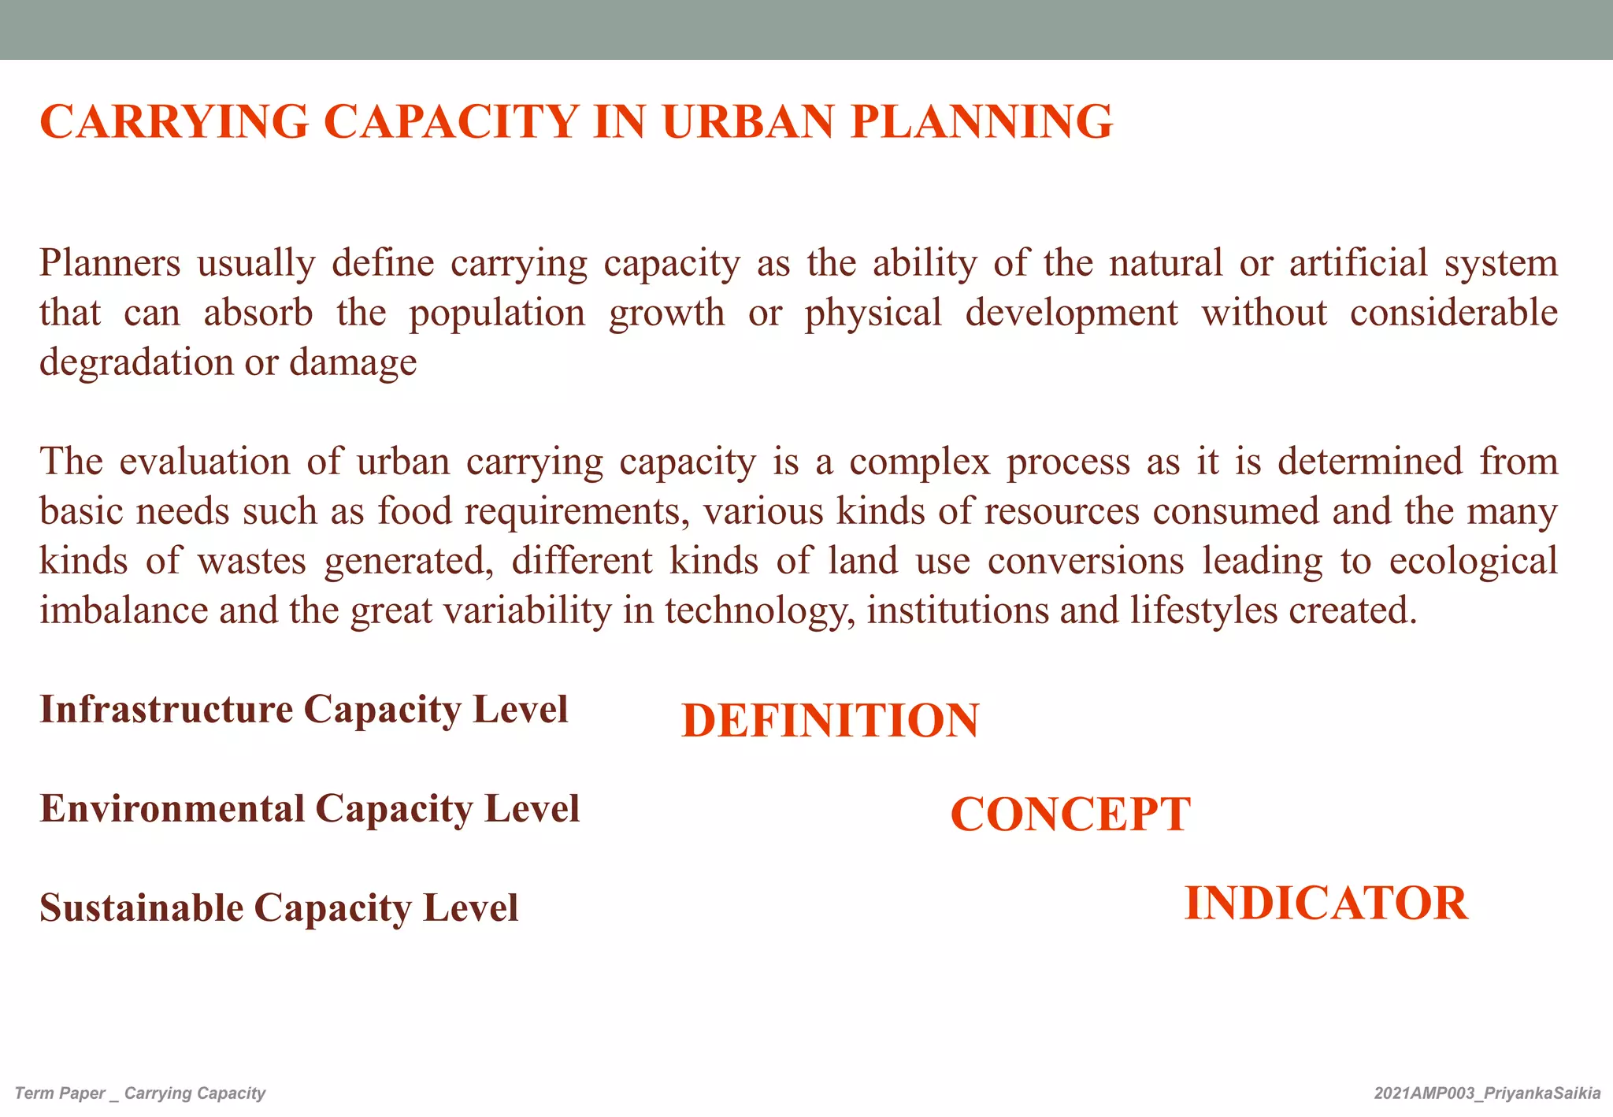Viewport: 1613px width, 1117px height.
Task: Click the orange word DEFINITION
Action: tap(830, 721)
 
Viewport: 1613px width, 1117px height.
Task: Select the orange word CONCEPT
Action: tap(1070, 815)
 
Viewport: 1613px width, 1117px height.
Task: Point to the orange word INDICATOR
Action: tap(1326, 904)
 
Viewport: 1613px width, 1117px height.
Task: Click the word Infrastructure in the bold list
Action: tap(166, 709)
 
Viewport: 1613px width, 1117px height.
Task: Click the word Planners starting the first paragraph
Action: tap(110, 263)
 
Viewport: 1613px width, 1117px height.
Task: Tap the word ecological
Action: tap(1473, 562)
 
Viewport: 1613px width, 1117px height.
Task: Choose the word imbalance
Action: tap(124, 611)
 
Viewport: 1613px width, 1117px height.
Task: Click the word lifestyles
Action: tap(1203, 611)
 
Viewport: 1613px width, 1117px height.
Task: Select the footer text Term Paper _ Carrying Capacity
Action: tap(140, 1093)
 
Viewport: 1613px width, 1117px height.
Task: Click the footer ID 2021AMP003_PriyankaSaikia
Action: tap(1487, 1093)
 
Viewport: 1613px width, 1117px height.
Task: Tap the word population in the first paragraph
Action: tap(497, 314)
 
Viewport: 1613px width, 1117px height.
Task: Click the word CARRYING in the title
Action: tap(174, 122)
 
